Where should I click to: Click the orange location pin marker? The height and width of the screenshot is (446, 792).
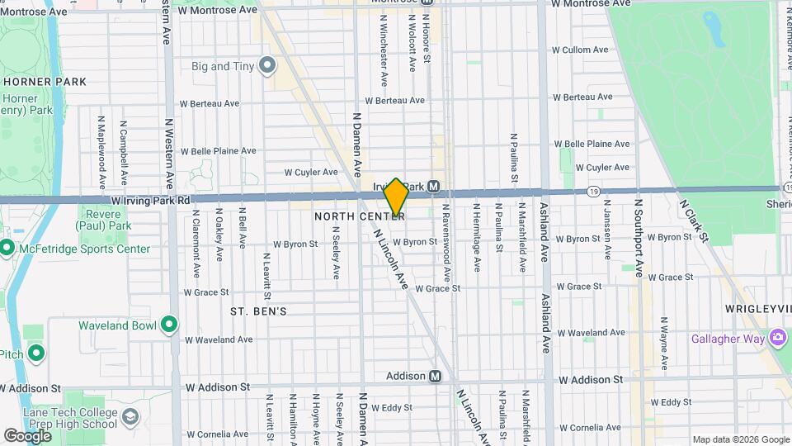point(396,197)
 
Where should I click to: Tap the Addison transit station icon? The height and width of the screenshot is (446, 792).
point(435,377)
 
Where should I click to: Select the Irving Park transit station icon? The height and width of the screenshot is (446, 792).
point(433,187)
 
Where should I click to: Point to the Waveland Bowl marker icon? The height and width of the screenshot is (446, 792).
point(169,325)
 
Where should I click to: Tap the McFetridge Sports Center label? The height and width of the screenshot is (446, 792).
point(87,249)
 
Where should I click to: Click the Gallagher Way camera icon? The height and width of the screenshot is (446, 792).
point(777,339)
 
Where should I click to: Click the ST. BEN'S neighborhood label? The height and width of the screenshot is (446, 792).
point(258,311)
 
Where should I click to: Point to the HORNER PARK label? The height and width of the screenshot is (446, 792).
point(45,82)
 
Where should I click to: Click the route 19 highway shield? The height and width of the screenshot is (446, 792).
point(595,191)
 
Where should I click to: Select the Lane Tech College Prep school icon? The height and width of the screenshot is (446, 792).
point(130,417)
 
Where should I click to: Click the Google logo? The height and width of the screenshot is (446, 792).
point(28,435)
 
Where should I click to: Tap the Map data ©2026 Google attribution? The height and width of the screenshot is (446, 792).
point(741,439)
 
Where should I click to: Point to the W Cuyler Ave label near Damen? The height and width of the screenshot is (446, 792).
point(311,173)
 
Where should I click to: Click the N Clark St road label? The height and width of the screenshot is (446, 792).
point(693,219)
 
